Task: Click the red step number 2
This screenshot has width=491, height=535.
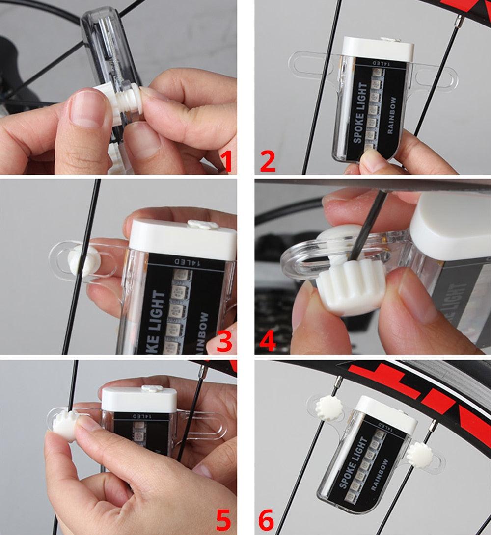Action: (x=268, y=161)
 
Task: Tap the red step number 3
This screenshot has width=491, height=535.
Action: (x=224, y=341)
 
